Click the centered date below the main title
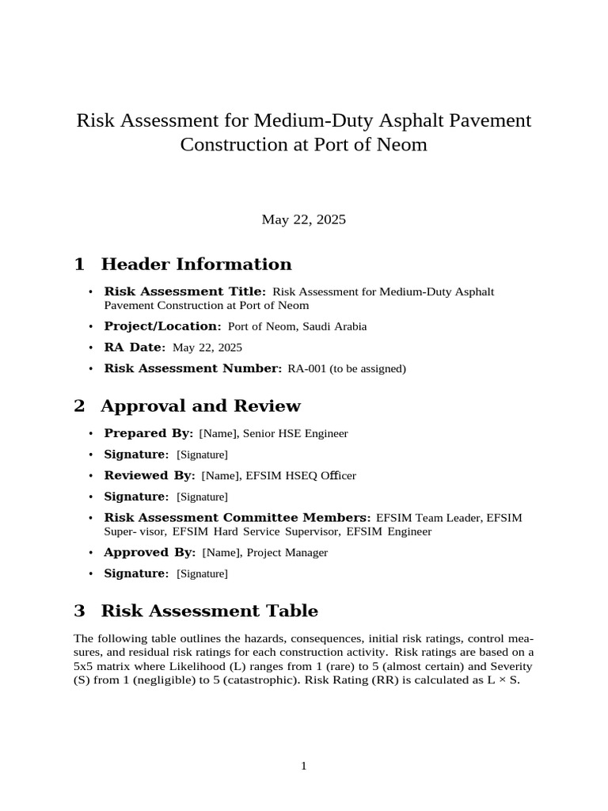pos(303,219)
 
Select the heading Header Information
pos(196,264)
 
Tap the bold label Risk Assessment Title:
pos(185,291)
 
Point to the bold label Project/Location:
pos(163,326)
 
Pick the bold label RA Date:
pos(135,347)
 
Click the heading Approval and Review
pos(200,405)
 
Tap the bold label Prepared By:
pos(149,433)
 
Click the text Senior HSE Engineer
pos(295,433)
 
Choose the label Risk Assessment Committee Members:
pos(237,517)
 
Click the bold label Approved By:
pos(150,552)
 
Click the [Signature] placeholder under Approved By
pos(202,573)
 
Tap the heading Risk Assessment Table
pos(209,611)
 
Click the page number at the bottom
pos(303,765)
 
